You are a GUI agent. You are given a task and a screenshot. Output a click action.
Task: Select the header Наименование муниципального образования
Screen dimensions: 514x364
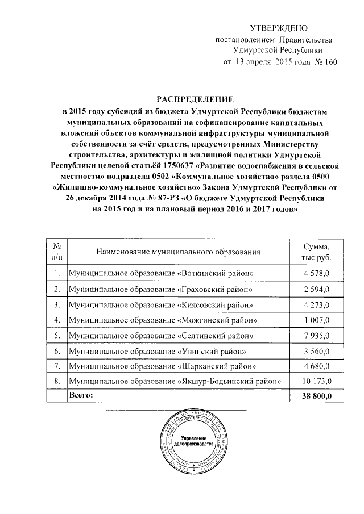point(178,251)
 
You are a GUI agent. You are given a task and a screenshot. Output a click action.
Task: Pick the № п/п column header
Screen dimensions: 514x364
point(56,251)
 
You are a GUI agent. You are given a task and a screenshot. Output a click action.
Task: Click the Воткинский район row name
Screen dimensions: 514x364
point(160,274)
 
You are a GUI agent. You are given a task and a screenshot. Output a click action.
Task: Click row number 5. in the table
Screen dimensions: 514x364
point(56,335)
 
